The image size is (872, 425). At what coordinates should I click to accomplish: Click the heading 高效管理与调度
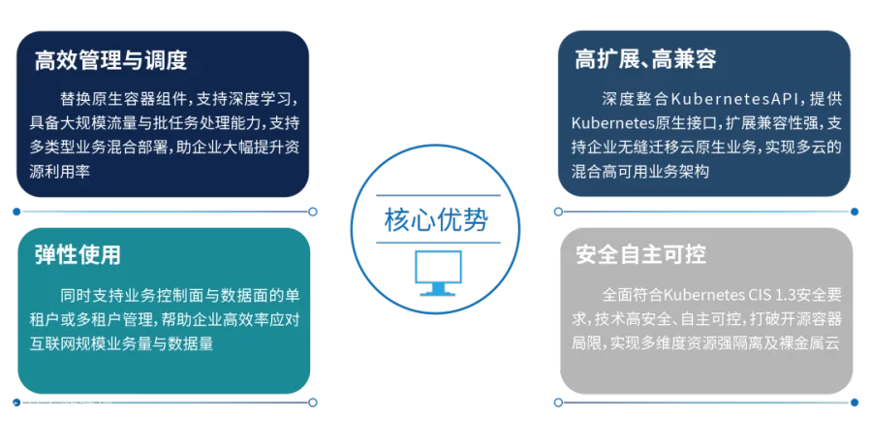110,60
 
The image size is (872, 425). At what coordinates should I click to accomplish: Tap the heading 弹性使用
78,255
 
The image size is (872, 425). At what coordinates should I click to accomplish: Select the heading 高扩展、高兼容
645,58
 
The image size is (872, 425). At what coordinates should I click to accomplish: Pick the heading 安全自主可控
641,254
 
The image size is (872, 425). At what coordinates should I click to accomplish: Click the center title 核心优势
436,219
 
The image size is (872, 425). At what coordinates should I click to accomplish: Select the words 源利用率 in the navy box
60,172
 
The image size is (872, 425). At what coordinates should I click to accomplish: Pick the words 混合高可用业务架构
640,172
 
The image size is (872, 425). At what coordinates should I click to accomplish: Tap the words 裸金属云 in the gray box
813,343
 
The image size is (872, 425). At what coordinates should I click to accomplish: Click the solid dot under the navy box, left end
16,212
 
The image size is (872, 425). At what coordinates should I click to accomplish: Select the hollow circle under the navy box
313,212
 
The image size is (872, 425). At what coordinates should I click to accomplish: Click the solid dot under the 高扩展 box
855,212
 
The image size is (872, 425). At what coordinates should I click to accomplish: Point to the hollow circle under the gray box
558,402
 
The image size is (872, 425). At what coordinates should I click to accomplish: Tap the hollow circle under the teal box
313,402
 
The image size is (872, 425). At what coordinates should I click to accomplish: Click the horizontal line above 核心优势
438,195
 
